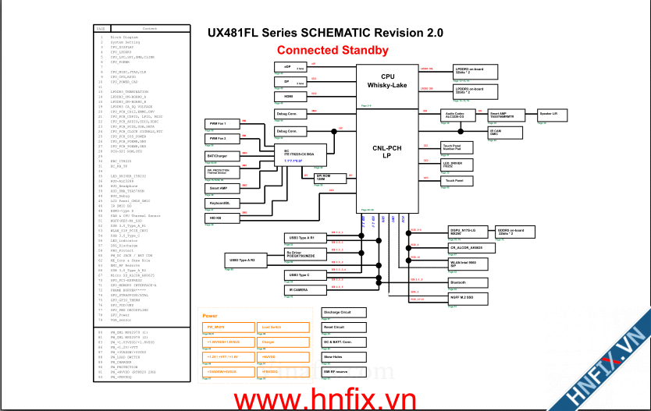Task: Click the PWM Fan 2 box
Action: click(x=222, y=137)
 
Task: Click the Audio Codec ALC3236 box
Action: click(x=457, y=115)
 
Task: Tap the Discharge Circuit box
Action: click(x=343, y=313)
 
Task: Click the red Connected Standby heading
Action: click(x=333, y=51)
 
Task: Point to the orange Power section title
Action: click(x=210, y=315)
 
